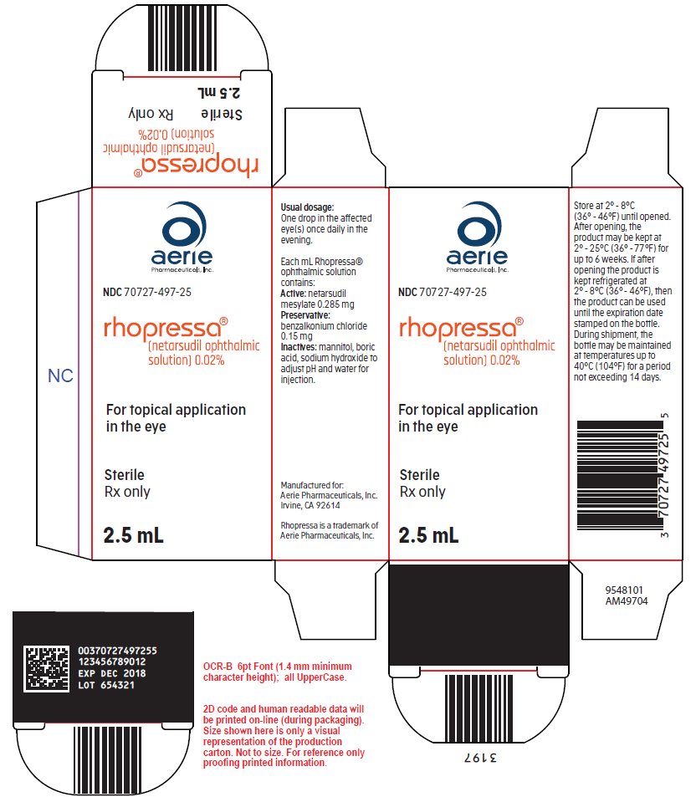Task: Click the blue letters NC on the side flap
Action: (x=60, y=376)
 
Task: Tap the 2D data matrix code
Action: (x=47, y=668)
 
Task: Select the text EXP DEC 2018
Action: (x=112, y=673)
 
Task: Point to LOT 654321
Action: (x=106, y=685)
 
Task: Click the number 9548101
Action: (x=624, y=590)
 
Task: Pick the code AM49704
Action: (x=627, y=601)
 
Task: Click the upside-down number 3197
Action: (x=480, y=758)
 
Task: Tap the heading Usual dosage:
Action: (x=307, y=207)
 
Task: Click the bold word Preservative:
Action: (x=305, y=315)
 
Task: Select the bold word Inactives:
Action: (x=299, y=347)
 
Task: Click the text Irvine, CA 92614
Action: (x=310, y=506)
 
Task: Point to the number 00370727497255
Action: (x=117, y=651)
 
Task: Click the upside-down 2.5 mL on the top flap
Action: (x=218, y=93)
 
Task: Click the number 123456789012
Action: (x=112, y=662)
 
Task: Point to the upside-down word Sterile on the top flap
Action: (x=221, y=114)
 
